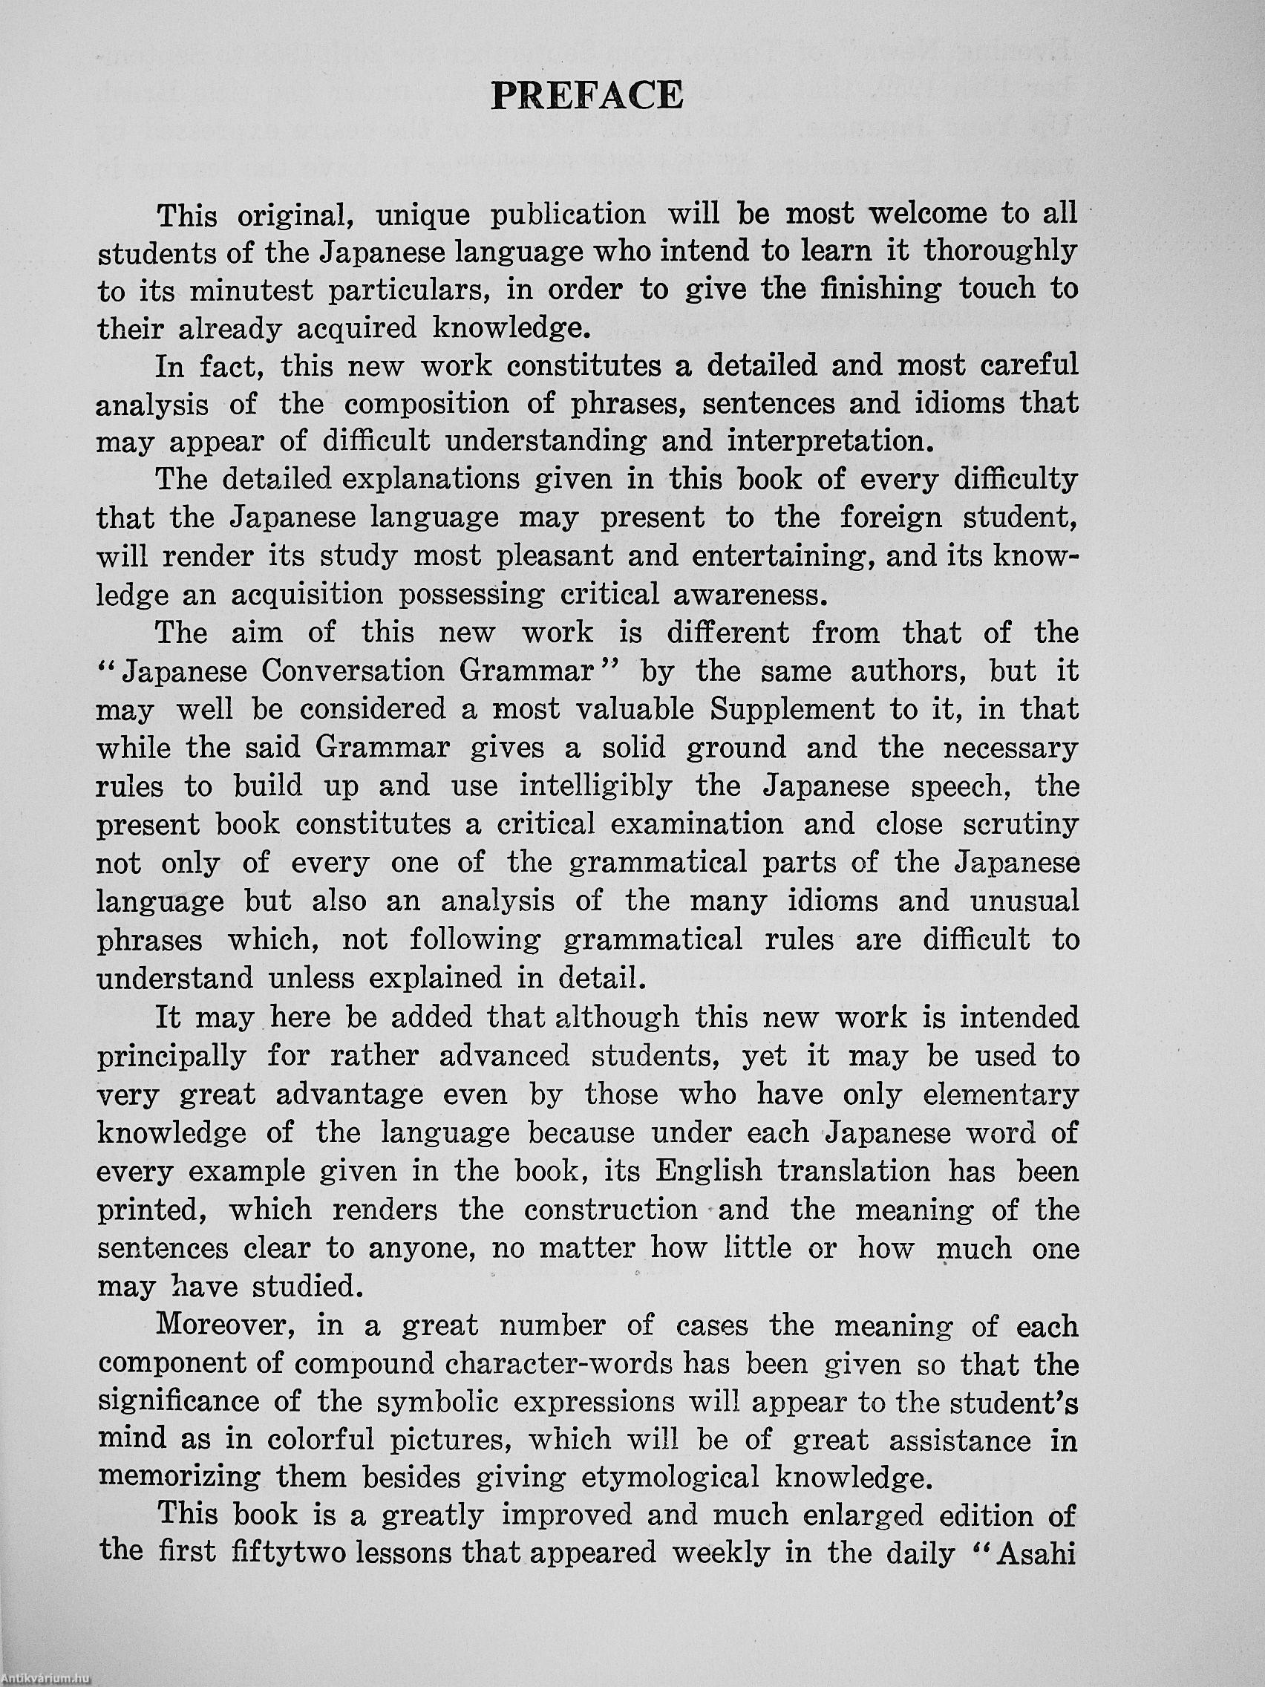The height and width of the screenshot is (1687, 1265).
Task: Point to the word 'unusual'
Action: [1024, 901]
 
